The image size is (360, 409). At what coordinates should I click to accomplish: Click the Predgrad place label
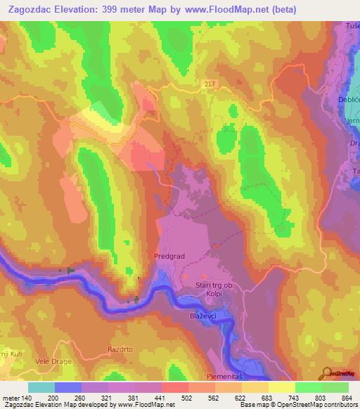pyautogui.click(x=169, y=257)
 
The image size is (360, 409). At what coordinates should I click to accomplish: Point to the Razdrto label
pyautogui.click(x=120, y=349)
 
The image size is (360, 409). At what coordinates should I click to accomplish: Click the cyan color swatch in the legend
pyautogui.click(x=41, y=387)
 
